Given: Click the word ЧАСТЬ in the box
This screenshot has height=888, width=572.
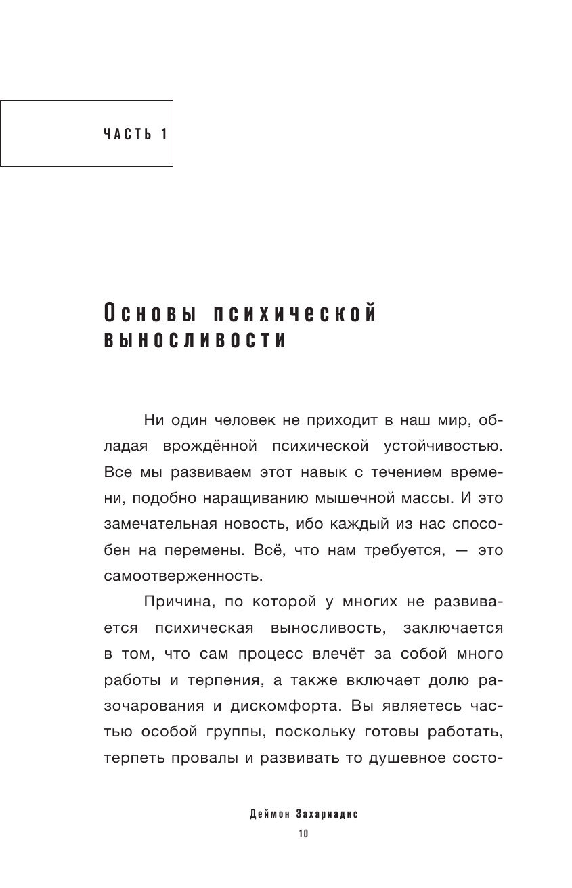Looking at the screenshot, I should tap(127, 133).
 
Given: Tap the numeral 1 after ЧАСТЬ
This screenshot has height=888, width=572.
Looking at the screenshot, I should tap(163, 133).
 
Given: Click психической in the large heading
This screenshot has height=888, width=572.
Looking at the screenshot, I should tap(294, 314).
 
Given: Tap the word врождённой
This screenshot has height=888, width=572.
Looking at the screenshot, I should tap(208, 447).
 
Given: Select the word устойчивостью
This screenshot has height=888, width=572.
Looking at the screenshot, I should tap(445, 447).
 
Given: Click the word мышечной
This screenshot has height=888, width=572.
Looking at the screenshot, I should tap(353, 498).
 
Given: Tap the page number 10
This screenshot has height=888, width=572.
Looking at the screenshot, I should tap(303, 834).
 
